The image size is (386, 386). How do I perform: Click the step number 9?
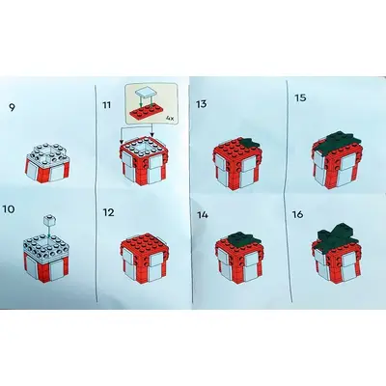click(12, 107)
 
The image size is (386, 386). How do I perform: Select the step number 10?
click(8, 209)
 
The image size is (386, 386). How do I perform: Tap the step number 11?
click(106, 105)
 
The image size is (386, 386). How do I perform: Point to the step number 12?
click(108, 212)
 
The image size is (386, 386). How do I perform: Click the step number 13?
click(202, 104)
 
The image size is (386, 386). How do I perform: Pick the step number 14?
click(203, 215)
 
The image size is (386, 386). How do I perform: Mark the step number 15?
click(300, 97)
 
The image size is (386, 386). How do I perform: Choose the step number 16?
click(298, 214)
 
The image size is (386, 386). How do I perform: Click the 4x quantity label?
click(170, 119)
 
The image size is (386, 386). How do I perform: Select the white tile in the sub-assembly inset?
click(144, 93)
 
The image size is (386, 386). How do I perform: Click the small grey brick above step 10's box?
click(49, 221)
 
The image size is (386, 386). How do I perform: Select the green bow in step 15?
click(341, 141)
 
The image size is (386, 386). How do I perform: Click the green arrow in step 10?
click(48, 232)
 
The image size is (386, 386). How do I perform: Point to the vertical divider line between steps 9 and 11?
click(96, 193)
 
